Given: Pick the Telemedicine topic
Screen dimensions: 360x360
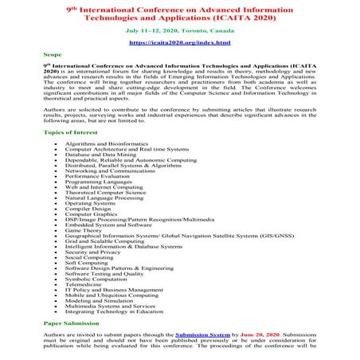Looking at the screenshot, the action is click(84, 281).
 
